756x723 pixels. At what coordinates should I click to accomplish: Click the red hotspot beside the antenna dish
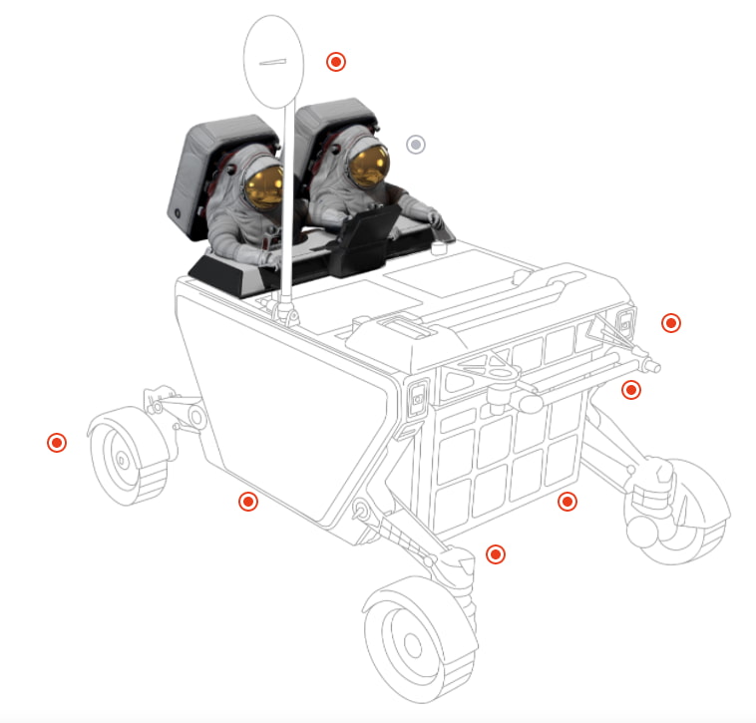click(336, 62)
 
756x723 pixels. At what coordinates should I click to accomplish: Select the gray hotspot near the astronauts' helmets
click(416, 145)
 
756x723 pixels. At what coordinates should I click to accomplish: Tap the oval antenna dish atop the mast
click(272, 62)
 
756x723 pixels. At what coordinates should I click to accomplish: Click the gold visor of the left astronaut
click(265, 181)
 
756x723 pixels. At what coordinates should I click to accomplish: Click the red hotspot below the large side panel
click(248, 502)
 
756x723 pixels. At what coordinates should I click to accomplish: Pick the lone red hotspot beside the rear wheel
click(57, 442)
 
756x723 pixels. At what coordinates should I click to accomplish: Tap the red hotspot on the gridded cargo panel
click(567, 502)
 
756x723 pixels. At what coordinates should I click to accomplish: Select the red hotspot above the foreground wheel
click(494, 553)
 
